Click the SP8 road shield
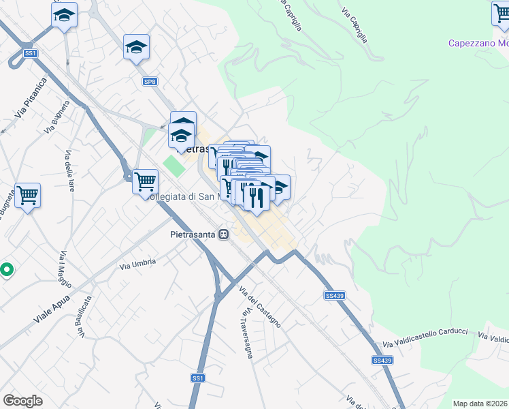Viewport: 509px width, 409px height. pyautogui.click(x=150, y=82)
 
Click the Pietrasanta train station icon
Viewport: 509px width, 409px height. pyautogui.click(x=223, y=234)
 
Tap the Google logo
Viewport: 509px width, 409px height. pyautogui.click(x=22, y=400)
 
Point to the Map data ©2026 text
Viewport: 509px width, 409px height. pyautogui.click(x=480, y=404)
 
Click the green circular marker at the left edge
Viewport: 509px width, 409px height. pyautogui.click(x=7, y=270)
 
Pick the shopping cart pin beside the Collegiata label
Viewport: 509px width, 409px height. pyautogui.click(x=145, y=181)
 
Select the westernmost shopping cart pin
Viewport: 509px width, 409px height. pyautogui.click(x=27, y=195)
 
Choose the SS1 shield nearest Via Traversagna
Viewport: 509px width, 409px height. pyautogui.click(x=197, y=378)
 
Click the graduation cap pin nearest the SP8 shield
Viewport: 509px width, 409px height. pyautogui.click(x=136, y=47)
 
